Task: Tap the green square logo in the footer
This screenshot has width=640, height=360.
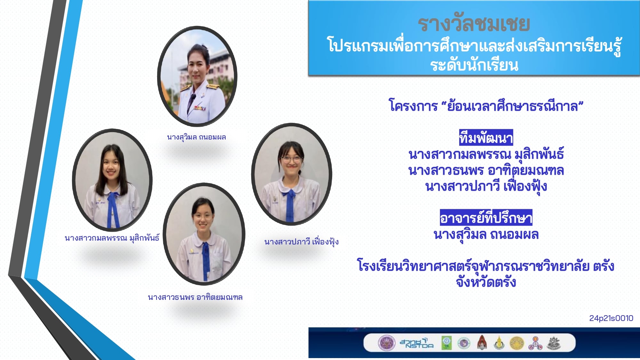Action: tap(446, 343)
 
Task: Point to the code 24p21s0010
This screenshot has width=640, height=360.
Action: tap(611, 318)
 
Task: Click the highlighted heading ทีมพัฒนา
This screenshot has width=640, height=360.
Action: tap(486, 138)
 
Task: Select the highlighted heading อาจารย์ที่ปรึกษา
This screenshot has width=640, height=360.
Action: tap(486, 218)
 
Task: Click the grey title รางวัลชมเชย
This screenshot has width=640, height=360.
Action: tap(474, 24)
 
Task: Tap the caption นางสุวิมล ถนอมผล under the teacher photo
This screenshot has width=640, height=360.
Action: tap(196, 137)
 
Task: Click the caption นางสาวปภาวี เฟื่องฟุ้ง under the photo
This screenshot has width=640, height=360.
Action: tap(301, 242)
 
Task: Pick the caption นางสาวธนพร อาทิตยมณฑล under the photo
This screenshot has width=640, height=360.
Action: tap(195, 297)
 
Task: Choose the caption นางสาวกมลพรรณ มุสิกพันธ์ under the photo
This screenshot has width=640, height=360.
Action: tap(112, 238)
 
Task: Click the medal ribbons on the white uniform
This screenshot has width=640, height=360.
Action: tap(199, 108)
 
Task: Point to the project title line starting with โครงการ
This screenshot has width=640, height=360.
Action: tap(486, 106)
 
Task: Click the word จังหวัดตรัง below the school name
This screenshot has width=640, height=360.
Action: tap(486, 282)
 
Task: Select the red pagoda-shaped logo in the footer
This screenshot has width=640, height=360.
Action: tap(482, 343)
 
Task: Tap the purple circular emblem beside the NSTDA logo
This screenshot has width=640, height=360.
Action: tap(387, 343)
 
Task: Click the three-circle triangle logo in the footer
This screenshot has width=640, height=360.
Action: tap(535, 343)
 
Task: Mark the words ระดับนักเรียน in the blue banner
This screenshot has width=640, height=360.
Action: tap(474, 65)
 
